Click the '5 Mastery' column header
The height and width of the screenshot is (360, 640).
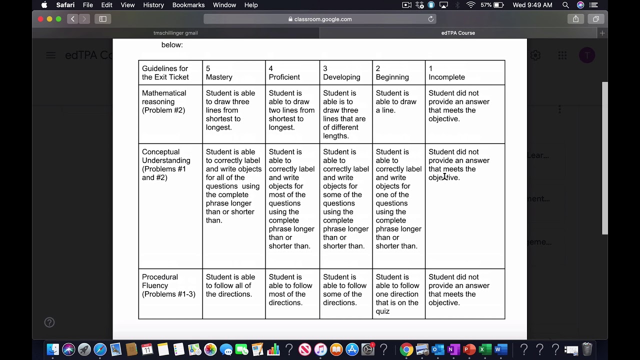[219, 73]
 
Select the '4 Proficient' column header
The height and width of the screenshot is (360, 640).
[284, 73]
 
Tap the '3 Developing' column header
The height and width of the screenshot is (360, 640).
[341, 73]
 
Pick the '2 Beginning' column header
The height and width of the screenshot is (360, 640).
[392, 73]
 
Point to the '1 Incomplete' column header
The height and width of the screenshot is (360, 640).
[446, 73]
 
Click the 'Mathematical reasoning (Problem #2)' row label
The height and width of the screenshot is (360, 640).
[164, 101]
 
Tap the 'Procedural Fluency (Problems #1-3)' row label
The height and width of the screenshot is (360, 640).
[168, 285]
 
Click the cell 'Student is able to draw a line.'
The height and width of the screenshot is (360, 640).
[396, 101]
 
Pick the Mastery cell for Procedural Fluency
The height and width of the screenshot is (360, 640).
[230, 285]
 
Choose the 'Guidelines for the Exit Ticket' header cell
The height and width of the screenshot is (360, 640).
[165, 73]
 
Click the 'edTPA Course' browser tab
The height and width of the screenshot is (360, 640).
[458, 33]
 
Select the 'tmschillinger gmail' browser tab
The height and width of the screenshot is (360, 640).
[175, 33]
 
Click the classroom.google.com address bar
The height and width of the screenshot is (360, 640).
[320, 19]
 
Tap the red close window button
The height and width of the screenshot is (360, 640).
[40, 19]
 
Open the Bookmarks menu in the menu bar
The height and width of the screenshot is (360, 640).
[188, 5]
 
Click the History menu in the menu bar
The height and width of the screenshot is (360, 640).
[153, 5]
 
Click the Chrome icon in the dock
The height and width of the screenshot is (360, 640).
[406, 349]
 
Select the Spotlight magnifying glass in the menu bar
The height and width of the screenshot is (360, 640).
[565, 5]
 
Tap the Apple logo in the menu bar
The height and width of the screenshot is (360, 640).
[44, 5]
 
